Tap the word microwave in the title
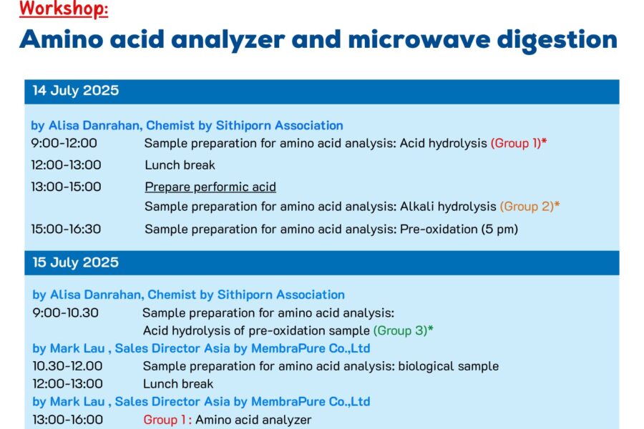coord(419,39)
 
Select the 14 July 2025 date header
coord(76,90)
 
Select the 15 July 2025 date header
coord(76,262)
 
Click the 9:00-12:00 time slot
coord(64,143)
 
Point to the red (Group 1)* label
coord(519,143)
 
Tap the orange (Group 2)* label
coord(530,206)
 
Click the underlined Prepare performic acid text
coord(210,187)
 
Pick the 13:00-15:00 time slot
coord(66,187)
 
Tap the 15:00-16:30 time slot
coord(66,229)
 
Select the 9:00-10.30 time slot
coord(66,313)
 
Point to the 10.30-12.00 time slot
coord(68,366)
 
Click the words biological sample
coord(449,366)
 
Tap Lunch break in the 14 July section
coord(180,165)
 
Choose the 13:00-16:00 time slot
coord(68,420)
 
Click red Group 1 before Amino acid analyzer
coord(166,420)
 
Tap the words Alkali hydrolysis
coord(448,206)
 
